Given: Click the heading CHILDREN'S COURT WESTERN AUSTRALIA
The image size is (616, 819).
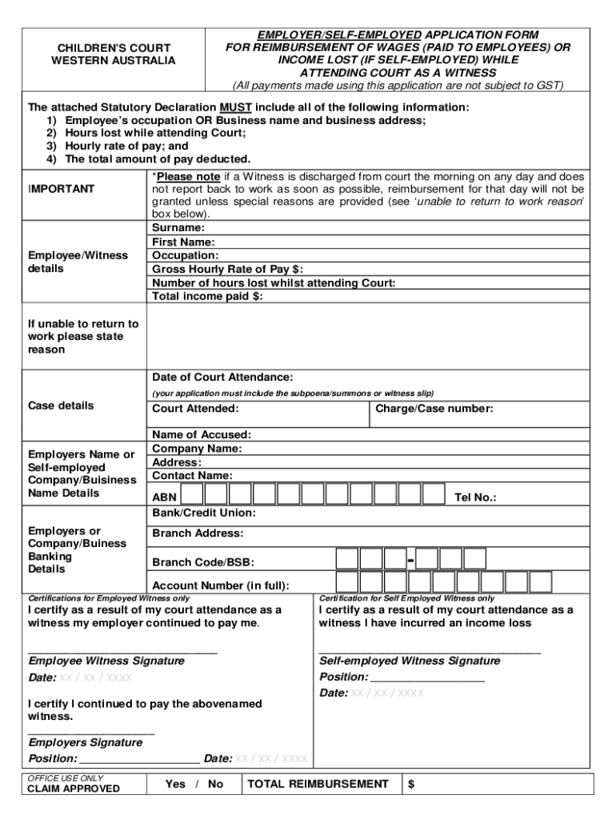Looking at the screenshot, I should [113, 54].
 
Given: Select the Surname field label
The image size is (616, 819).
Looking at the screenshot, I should [178, 228].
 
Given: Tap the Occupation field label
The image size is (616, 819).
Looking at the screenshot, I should [186, 255].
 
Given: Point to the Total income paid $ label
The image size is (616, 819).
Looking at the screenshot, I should [207, 296].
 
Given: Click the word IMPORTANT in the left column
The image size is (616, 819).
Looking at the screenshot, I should [62, 189].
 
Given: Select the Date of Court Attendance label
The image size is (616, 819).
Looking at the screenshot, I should [222, 377].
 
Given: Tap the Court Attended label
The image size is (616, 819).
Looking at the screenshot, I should [195, 409].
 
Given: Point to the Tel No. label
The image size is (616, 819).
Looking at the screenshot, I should [475, 497].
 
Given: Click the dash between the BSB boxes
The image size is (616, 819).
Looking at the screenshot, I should [410, 559].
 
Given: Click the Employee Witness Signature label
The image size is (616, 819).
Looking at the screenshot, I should [106, 661].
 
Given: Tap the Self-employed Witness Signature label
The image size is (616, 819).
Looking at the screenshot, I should [410, 661].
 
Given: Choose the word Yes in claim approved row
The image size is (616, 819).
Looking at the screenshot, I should [175, 784].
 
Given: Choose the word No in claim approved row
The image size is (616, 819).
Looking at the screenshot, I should [215, 784].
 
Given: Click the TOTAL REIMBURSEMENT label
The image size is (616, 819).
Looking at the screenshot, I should [318, 784].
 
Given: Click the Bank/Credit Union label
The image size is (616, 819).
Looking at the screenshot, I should [204, 513].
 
